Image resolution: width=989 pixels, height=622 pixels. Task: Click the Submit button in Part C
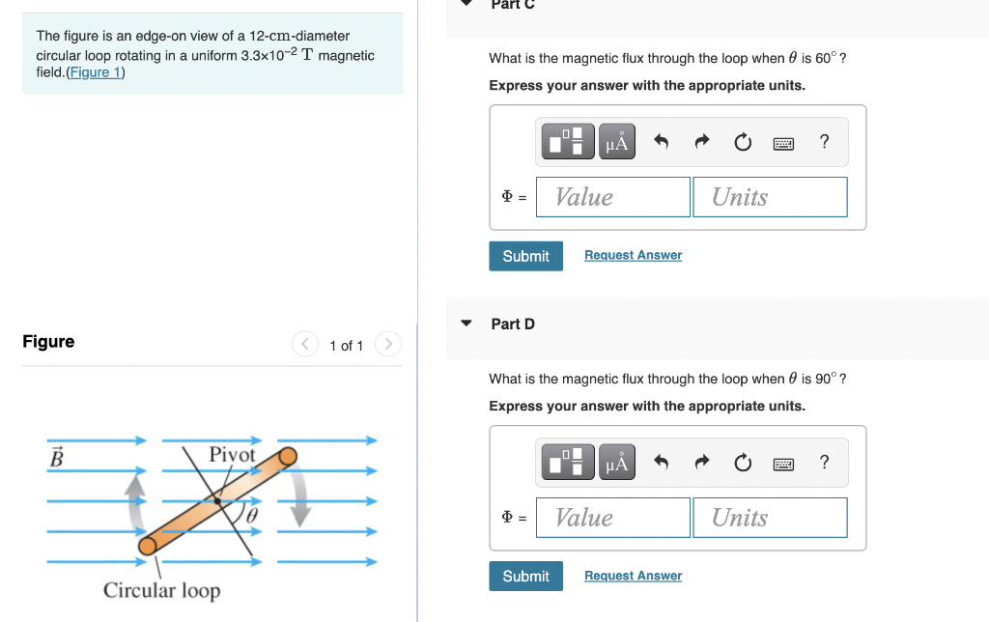tap(525, 256)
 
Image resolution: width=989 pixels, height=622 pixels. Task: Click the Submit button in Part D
tap(525, 577)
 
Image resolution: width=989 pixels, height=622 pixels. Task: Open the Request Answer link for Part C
tap(633, 255)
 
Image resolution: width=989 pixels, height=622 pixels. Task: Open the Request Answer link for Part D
tap(633, 576)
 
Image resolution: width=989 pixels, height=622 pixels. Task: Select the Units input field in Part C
tap(770, 197)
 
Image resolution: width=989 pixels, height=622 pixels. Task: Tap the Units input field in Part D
tap(770, 518)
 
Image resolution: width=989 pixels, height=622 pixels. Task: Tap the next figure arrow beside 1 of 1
tap(387, 344)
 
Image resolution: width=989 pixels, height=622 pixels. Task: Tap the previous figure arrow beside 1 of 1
tap(305, 344)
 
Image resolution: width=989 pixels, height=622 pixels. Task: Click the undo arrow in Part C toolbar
tap(662, 143)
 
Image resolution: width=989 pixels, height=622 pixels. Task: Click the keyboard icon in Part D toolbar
tap(783, 464)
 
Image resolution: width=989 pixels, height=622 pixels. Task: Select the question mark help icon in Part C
tap(824, 142)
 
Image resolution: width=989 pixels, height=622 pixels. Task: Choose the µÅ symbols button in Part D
tap(617, 464)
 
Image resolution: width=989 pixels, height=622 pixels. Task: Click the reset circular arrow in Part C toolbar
tap(742, 143)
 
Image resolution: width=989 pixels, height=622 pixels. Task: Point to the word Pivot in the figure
tap(232, 454)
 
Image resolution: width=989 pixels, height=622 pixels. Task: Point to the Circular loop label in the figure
tap(161, 590)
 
